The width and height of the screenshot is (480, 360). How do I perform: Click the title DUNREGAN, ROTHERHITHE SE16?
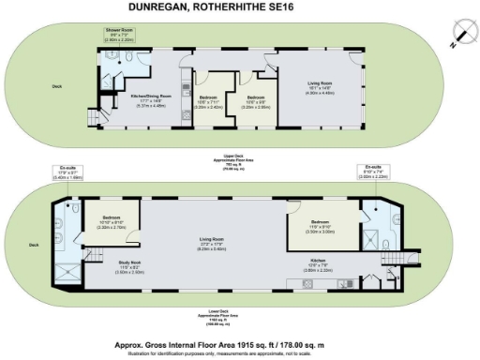[x=239, y=7]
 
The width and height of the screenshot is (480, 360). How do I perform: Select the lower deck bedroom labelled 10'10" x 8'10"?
[x=113, y=222]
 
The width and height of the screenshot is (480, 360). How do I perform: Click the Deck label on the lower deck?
[x=35, y=245]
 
